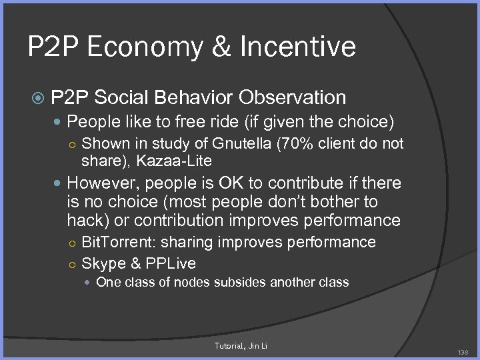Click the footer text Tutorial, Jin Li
point(240,345)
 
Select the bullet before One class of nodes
point(88,283)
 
